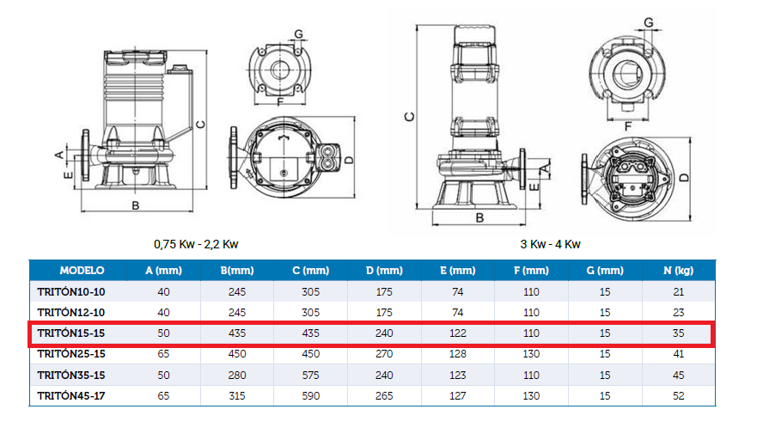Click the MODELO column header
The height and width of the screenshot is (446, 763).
82,270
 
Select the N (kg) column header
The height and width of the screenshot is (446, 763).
678,270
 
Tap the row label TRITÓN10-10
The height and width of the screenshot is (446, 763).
71,292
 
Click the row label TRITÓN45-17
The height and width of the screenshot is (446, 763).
71,396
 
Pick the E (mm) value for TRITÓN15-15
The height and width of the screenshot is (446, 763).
457,333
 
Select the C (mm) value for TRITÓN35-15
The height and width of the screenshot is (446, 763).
310,376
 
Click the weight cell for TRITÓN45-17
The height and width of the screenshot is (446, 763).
678,396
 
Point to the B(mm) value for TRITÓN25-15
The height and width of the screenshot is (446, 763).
237,354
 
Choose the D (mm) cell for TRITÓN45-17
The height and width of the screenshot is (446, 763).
384,396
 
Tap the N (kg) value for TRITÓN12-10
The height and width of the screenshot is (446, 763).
678,313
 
